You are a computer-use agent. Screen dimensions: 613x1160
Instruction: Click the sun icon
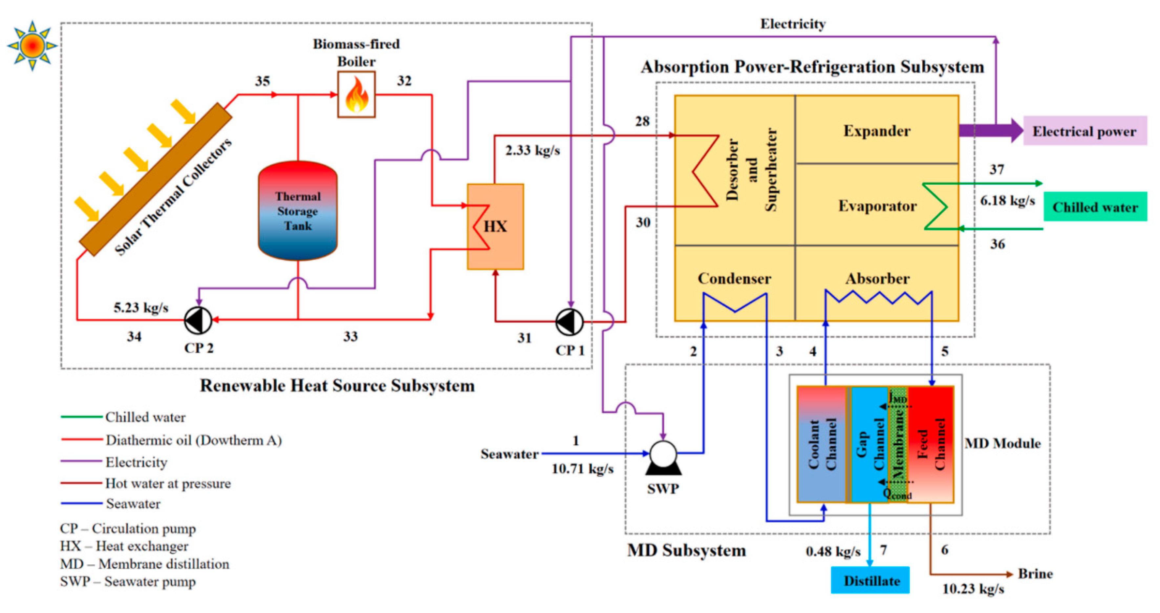point(32,46)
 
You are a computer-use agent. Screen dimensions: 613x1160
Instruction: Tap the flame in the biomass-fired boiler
point(356,95)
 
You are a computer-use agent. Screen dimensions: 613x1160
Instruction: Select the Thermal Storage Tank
point(298,211)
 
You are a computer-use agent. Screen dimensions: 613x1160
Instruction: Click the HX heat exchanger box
point(495,226)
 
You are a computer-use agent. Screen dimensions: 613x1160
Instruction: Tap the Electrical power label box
point(1085,131)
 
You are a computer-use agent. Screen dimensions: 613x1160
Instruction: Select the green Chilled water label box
point(1095,207)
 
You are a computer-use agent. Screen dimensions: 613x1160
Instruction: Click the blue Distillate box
point(870,580)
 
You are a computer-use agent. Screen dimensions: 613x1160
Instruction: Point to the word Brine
point(1035,574)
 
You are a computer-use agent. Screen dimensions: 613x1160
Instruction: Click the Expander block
point(876,131)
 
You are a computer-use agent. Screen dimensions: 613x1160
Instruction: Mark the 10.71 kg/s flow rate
point(582,469)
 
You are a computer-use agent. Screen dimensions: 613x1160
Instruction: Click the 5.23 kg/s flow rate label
point(140,308)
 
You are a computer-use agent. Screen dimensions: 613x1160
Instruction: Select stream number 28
point(642,121)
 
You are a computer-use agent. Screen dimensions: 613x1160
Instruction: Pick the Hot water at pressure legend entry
point(167,483)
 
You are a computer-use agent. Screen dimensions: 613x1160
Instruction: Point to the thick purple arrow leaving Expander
point(991,131)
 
